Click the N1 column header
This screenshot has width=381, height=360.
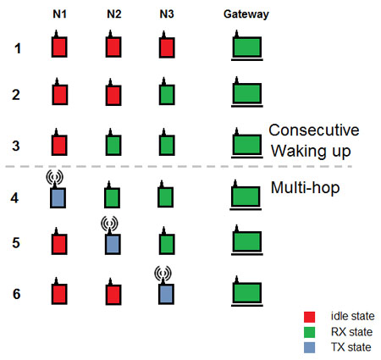coord(59,14)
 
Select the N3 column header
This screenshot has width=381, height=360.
coord(167,14)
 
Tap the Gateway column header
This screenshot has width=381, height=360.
coord(246,14)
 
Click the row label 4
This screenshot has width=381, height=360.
coord(14,198)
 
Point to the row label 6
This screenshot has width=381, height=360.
coord(17,294)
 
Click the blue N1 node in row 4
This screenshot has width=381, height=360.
coord(58,198)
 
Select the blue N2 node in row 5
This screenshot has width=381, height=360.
coord(113,244)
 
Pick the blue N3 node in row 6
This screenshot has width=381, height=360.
coord(166,294)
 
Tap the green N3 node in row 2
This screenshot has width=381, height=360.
coord(167,94)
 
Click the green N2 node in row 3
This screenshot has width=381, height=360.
coord(113,145)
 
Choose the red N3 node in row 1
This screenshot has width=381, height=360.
coord(167,47)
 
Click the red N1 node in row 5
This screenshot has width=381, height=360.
coord(59,244)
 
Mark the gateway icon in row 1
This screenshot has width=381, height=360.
coord(247,47)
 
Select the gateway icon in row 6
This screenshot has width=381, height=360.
coord(247,292)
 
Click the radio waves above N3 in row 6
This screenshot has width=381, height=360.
coord(163,273)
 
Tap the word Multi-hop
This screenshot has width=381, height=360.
coord(305,188)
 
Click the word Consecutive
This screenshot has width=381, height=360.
coord(314,130)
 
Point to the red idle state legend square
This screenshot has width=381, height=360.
coord(309,317)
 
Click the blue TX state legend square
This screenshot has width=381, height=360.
coord(309,347)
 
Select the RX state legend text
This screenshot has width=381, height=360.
coord(351,332)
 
